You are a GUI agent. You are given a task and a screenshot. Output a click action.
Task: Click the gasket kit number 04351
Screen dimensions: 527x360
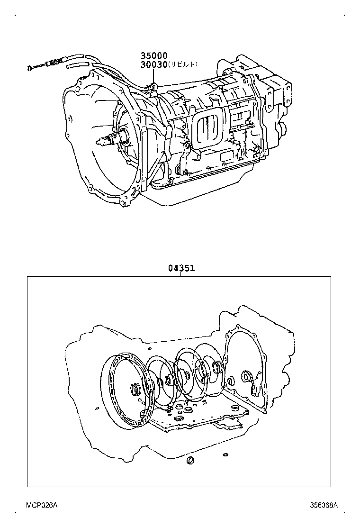coord(181,268)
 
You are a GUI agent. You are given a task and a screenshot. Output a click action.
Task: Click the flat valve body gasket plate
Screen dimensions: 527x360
coord(199,417)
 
